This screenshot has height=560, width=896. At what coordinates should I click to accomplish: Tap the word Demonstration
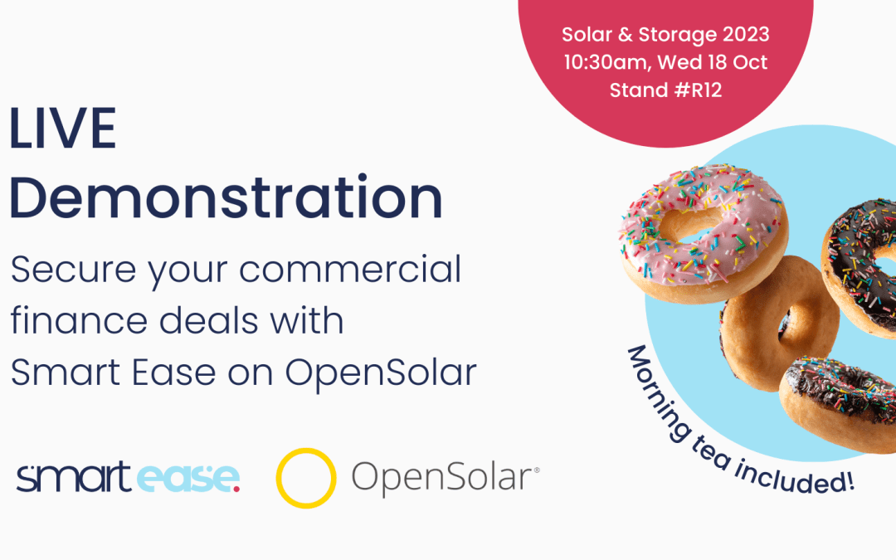(x=226, y=198)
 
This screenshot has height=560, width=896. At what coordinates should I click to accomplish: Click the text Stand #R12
(x=665, y=90)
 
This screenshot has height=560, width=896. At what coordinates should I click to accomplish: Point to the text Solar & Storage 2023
(x=665, y=36)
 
